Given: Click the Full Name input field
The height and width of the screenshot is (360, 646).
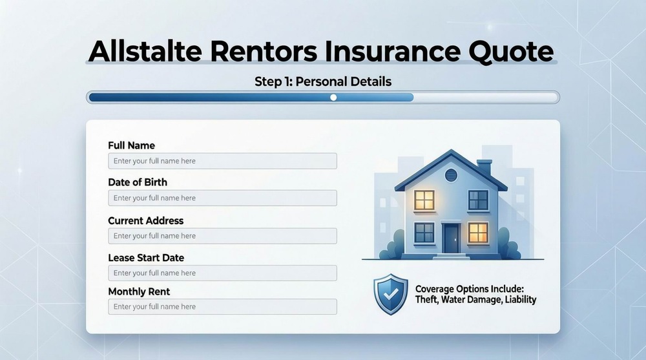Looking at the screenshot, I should pos(222,161).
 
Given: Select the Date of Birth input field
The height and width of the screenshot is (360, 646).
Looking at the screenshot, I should pos(222,198).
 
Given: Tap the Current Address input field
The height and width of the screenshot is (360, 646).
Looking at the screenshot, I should pos(222,236).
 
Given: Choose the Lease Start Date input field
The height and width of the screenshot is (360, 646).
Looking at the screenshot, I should pos(222,273).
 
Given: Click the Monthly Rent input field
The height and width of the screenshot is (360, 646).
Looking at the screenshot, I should pos(222,306).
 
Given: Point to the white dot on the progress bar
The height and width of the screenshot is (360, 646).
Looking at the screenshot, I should pos(333,98).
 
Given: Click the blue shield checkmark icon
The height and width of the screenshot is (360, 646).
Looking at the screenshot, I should pos(391,294).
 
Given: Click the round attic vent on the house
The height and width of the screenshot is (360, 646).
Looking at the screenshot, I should pos(451,174).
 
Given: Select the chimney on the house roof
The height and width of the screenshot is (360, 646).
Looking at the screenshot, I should pos(484,166).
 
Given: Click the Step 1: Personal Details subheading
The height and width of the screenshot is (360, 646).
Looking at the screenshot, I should pos(323,82).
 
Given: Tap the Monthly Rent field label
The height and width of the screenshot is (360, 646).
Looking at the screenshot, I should pos(139,291).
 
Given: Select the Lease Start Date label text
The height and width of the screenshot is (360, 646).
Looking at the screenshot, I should pos(146,257).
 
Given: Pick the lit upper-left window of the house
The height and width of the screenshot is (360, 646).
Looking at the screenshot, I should pos(424,199).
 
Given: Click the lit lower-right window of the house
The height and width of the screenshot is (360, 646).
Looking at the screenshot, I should pos(477,231).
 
